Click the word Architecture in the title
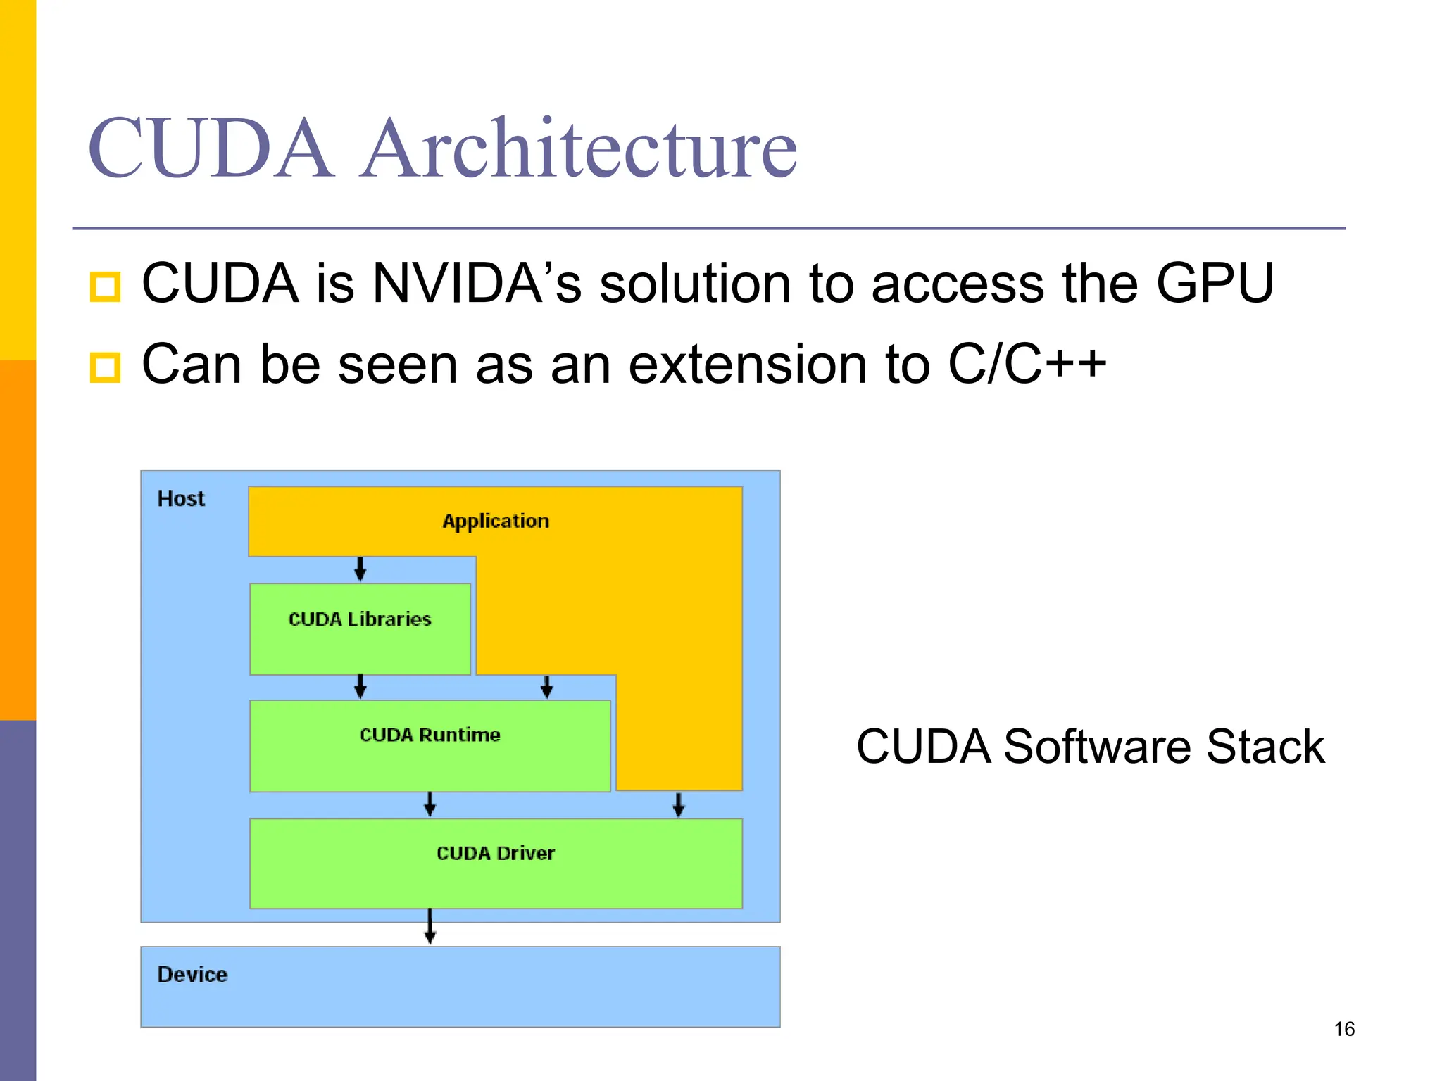579,149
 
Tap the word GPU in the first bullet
1215,284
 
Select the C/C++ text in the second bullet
1027,365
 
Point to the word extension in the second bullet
747,365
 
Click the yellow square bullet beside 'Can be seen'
105,367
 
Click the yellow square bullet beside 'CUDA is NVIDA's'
105,286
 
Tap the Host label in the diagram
181,499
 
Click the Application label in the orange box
496,521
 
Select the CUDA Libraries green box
360,628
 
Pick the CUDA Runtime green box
430,745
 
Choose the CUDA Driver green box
496,863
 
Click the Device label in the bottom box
192,975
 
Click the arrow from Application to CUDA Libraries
360,569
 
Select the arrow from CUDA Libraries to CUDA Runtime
360,686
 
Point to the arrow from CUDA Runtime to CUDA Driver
430,804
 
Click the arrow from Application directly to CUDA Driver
678,804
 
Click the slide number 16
1344,1029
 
